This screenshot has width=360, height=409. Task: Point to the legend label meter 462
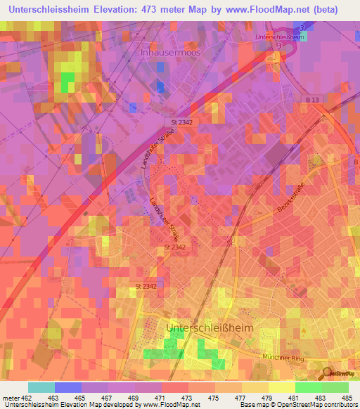[x=15, y=398]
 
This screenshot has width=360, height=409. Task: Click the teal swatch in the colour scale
[x=41, y=387]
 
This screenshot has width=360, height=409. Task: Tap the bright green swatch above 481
[x=308, y=387]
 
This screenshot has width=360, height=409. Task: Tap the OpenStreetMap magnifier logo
[x=328, y=373]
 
